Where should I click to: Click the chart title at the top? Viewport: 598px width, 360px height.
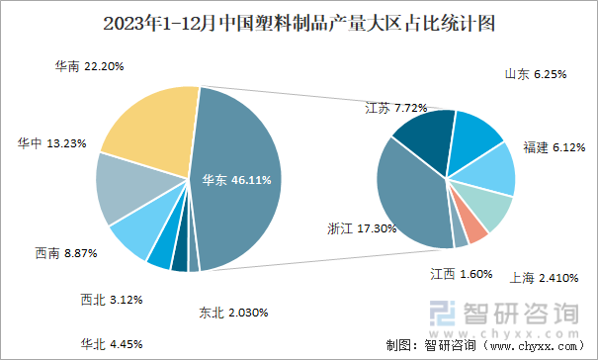[x=299, y=21]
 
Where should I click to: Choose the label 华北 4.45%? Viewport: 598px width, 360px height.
[x=112, y=344]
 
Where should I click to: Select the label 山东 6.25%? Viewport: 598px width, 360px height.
[x=537, y=74]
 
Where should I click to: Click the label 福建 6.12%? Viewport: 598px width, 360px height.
[x=555, y=146]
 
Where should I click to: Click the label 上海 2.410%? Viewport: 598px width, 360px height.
[x=545, y=278]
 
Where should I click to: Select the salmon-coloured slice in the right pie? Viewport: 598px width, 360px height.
[x=476, y=229]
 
